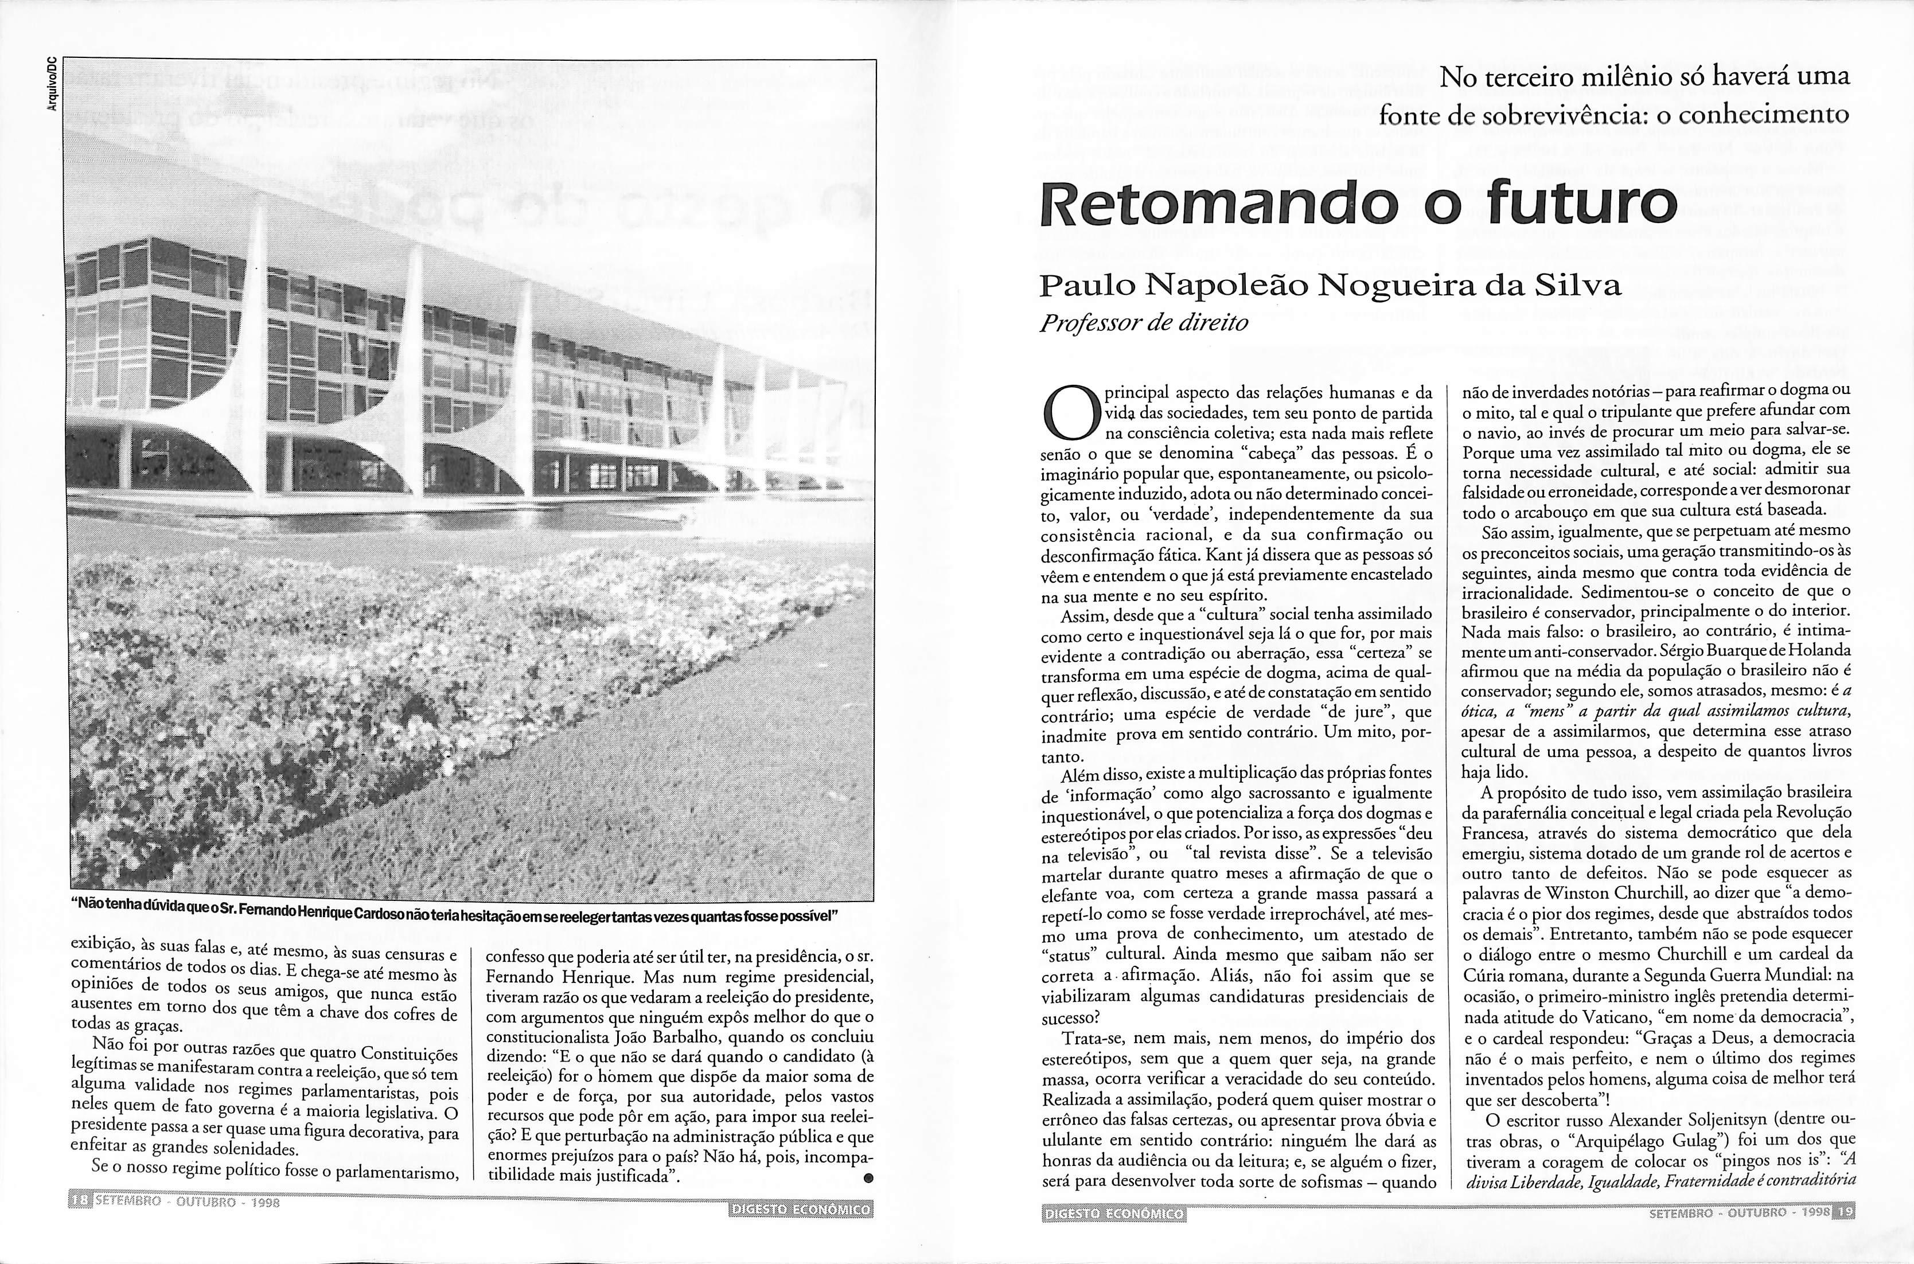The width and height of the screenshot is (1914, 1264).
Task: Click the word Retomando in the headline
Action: [1218, 205]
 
